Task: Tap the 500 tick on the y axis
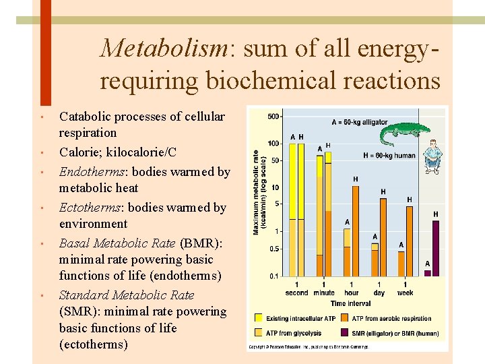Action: tap(273, 117)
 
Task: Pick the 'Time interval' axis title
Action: tap(350, 304)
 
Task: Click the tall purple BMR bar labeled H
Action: tap(436, 248)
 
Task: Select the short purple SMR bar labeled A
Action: tap(427, 273)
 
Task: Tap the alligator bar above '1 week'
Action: tap(401, 264)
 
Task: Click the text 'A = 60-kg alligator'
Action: tap(359, 123)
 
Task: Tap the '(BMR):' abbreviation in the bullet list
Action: tap(199, 243)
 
